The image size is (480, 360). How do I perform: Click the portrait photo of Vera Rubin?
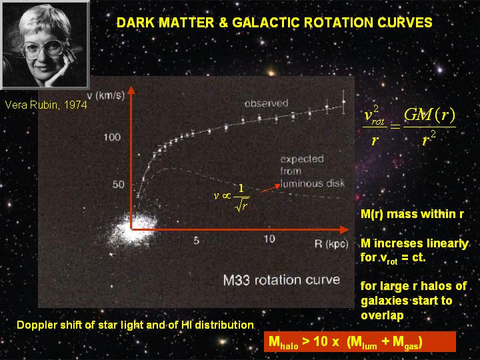coord(45,45)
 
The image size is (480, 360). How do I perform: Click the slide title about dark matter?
coord(274,23)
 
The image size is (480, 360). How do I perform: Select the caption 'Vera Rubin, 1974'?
coord(46,105)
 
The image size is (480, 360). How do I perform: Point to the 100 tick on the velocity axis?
coord(112,137)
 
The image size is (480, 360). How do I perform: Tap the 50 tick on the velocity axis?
coord(119,184)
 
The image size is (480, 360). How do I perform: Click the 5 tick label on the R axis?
coord(197,241)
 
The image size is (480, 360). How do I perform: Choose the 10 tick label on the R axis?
coord(269,239)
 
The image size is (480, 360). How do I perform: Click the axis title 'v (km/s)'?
coord(106,96)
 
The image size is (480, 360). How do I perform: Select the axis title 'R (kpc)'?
coord(331,244)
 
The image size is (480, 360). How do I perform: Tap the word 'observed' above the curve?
coord(266,103)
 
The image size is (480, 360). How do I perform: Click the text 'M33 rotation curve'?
coord(281,280)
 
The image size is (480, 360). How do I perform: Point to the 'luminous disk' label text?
coord(313,183)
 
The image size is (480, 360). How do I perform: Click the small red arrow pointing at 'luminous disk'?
coord(270,189)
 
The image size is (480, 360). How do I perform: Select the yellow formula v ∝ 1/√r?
coord(232,197)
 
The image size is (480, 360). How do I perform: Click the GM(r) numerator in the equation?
coord(429,115)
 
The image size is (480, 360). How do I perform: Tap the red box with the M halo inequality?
coord(360,341)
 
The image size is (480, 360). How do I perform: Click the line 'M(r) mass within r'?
coord(413,214)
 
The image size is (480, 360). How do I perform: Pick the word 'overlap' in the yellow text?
coord(382,315)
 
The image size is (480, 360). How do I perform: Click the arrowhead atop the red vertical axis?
coord(131,90)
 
